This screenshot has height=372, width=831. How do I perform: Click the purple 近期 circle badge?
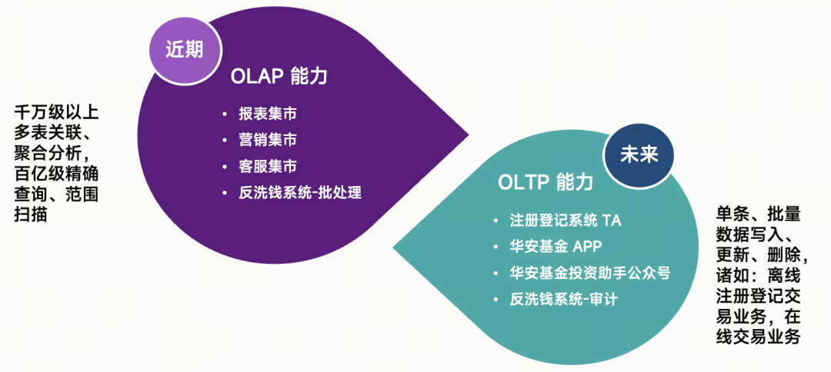[x=185, y=50]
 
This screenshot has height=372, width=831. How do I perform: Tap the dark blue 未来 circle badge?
[x=639, y=154]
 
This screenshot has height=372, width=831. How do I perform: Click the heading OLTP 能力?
[x=546, y=183]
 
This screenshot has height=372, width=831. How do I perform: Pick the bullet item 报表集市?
[x=268, y=114]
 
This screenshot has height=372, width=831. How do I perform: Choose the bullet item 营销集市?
[x=268, y=140]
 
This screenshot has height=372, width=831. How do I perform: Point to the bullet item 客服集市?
[x=268, y=166]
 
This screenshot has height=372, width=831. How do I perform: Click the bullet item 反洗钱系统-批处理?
[x=300, y=193]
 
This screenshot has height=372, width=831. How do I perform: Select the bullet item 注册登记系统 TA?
[x=565, y=221]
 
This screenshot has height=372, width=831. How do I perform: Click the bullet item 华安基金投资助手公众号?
[x=590, y=273]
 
